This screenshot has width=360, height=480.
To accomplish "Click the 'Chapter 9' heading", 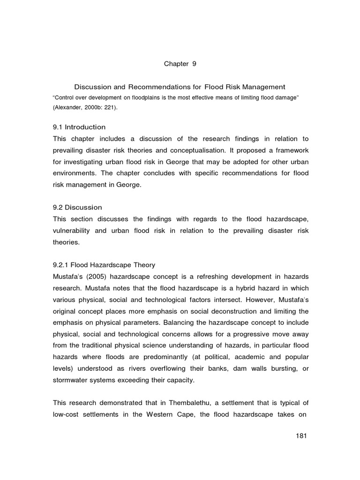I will click(x=180, y=64).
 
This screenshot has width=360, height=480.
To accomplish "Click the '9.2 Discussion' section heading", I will click(x=77, y=207).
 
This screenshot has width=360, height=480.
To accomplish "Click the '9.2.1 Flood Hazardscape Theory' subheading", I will click(x=103, y=265).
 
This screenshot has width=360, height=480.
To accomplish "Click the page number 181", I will click(x=301, y=436).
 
